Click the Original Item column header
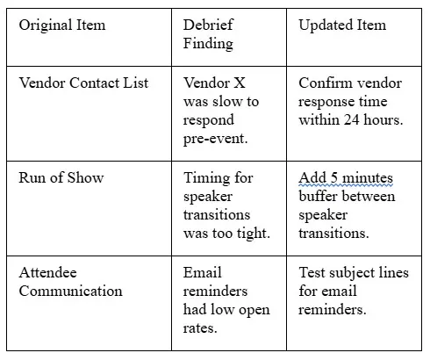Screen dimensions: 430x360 (62, 25)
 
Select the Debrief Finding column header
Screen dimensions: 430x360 (208, 34)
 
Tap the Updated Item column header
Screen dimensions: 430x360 (342, 25)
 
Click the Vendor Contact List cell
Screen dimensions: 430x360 (83, 83)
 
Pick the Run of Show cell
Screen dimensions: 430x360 (61, 177)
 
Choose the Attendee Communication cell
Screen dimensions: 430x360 (70, 282)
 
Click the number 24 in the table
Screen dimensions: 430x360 (351, 119)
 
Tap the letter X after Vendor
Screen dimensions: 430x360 (239, 83)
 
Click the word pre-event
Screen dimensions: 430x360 (215, 139)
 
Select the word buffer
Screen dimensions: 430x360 (322, 196)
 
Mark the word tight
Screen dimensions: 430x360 (254, 234)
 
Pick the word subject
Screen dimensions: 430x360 (351, 273)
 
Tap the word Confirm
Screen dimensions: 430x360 (321, 83)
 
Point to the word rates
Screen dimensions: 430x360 (200, 328)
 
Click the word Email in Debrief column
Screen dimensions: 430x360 (203, 272)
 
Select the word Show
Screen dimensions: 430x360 (85, 177)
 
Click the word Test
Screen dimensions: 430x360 (312, 272)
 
